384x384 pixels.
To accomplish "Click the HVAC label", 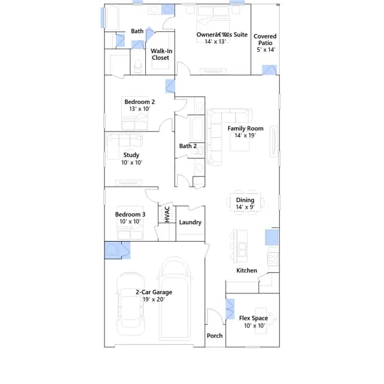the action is click(167, 214).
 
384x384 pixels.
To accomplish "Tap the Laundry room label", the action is click(190, 222).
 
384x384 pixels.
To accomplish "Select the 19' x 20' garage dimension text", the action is click(154, 299).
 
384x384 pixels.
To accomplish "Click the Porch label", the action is click(215, 335).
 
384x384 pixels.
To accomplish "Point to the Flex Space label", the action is click(253, 318).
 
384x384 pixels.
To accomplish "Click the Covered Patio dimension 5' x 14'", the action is click(266, 49).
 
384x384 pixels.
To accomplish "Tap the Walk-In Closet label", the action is click(161, 55).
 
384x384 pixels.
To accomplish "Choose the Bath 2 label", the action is click(188, 146).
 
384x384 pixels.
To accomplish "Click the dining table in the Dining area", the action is click(245, 202).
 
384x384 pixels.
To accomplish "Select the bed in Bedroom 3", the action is click(130, 223).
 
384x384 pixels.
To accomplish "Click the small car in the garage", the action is click(130, 304).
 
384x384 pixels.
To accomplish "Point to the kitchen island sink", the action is click(242, 249).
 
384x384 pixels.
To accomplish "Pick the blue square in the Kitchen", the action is click(272, 238).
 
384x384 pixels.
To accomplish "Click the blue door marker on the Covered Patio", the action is click(269, 70).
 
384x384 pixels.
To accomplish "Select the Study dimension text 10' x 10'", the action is click(132, 163).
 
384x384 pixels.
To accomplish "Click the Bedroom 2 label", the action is click(140, 102).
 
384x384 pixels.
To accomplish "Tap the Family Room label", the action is click(245, 128).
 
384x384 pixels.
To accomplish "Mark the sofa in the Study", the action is click(124, 145).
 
